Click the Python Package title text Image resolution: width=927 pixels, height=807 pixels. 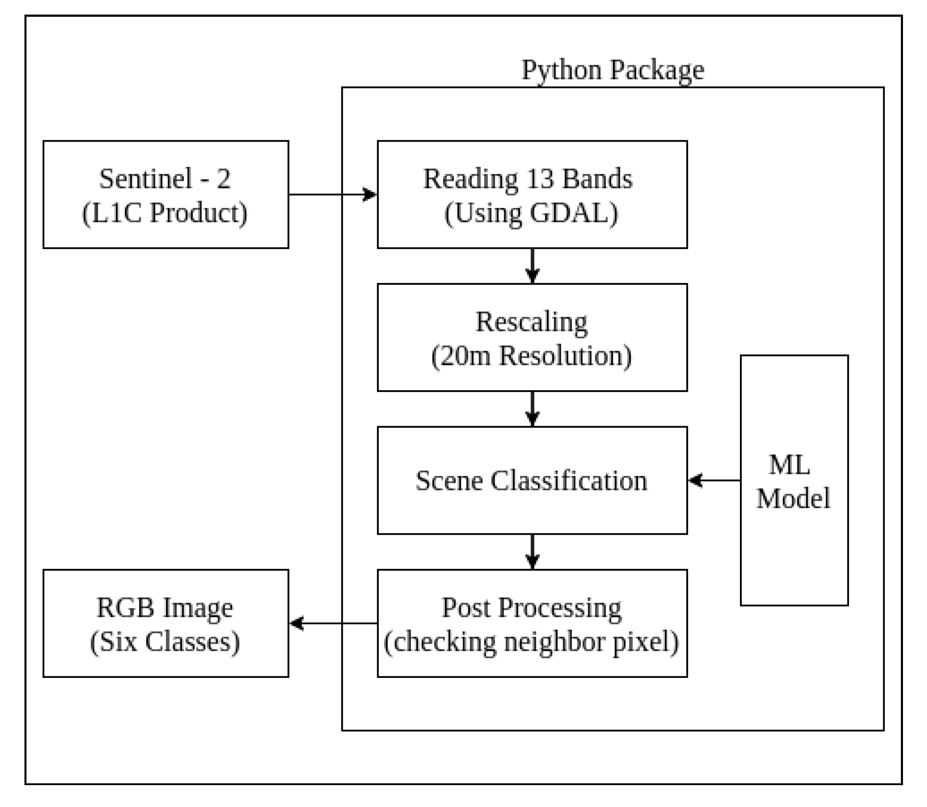point(612,70)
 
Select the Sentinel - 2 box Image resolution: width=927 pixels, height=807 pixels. point(165,195)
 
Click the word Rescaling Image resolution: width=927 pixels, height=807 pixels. point(531,322)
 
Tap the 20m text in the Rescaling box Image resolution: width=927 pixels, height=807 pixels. point(465,356)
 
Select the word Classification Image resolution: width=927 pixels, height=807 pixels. point(568,481)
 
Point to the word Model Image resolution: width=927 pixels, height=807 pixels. point(793,499)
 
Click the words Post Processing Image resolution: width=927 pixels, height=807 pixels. point(531,608)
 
